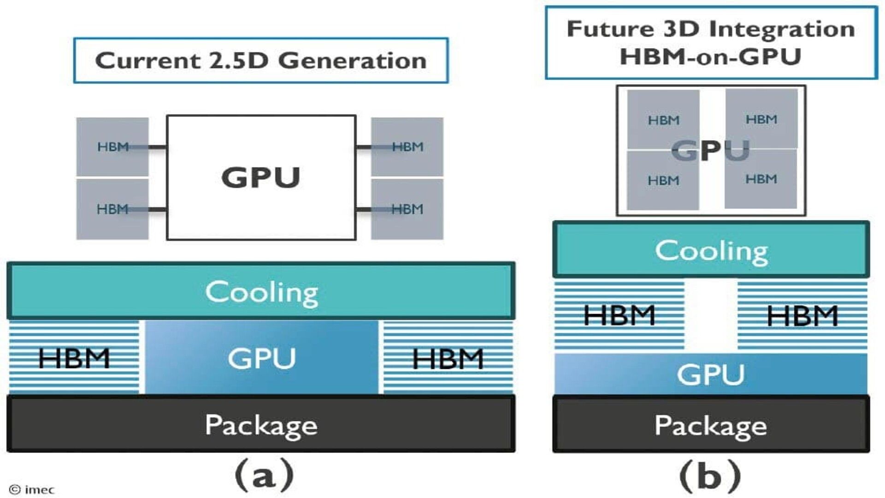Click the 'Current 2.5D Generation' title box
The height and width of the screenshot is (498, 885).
tap(261, 60)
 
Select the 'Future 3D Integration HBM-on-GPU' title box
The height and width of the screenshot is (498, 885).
tap(711, 42)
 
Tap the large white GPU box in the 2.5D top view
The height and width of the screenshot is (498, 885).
tap(261, 178)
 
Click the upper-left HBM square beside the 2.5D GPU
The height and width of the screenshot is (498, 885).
tap(112, 147)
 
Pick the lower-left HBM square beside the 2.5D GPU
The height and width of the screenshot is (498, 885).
tap(112, 209)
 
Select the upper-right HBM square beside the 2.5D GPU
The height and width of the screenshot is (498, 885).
tap(407, 147)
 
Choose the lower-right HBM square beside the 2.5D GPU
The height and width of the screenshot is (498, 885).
tap(407, 209)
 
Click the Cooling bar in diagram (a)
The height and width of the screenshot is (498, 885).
tap(261, 291)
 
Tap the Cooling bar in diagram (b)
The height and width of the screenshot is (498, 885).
tap(711, 249)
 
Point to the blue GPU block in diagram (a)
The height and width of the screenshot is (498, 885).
tap(261, 358)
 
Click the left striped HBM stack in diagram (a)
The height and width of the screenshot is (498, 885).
tap(74, 358)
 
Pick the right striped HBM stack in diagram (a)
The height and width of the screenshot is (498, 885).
tap(448, 358)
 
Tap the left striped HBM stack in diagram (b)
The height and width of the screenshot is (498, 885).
tap(619, 315)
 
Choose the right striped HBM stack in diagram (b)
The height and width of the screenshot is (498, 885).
tap(802, 315)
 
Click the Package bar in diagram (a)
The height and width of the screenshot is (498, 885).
tap(261, 424)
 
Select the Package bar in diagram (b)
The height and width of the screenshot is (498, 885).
tap(711, 424)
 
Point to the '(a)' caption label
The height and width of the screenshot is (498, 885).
tap(264, 475)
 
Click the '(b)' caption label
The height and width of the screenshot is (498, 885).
tap(710, 475)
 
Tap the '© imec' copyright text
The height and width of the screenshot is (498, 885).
tap(32, 490)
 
